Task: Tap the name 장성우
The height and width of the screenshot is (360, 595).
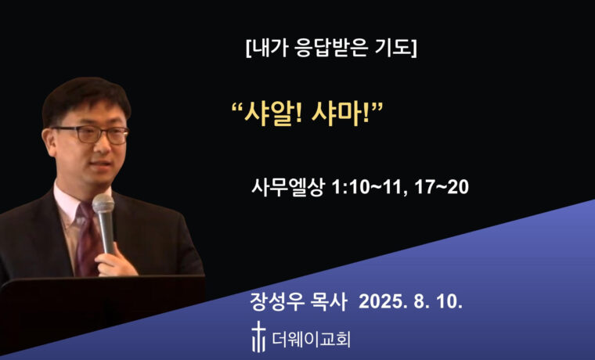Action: coord(274,301)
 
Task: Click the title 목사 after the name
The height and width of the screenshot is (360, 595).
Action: coord(330,301)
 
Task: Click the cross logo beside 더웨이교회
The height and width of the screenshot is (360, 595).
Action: coord(258,337)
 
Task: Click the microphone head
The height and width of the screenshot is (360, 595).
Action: coord(103,206)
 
